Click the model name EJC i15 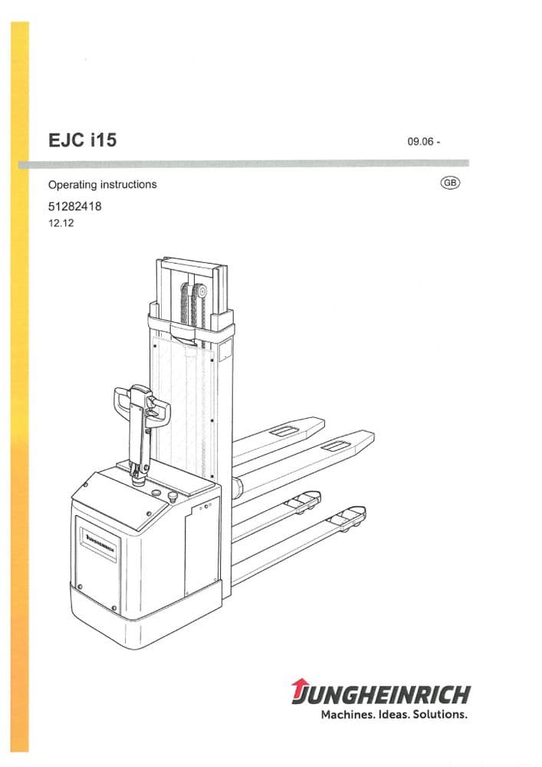tap(82, 141)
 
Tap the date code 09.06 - tap(423, 142)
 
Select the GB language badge tap(450, 183)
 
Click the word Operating tap(74, 185)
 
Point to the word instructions tap(130, 185)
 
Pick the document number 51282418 tap(75, 206)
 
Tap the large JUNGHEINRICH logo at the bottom tap(380, 695)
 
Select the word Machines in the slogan tap(347, 715)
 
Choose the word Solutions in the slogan tap(440, 715)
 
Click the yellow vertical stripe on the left tap(20, 383)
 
